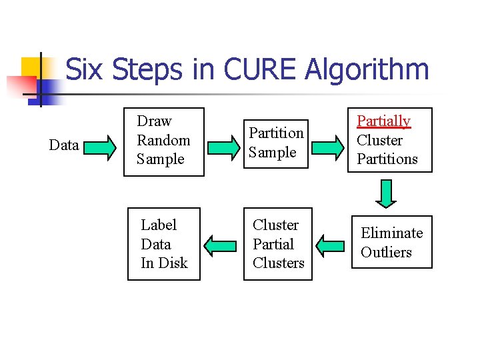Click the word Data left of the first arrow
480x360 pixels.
point(64,145)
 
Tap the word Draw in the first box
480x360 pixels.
point(154,121)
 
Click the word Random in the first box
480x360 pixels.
point(163,140)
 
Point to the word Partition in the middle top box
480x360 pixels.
point(276,133)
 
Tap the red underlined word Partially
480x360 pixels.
point(383,121)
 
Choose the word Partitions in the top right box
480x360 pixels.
point(387,159)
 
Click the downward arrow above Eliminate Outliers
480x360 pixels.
point(386,193)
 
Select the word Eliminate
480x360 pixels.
point(392,233)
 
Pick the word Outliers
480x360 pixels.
point(387,253)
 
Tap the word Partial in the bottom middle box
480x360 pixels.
point(273,244)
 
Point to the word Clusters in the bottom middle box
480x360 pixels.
point(278,263)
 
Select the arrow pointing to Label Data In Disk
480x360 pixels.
point(219,245)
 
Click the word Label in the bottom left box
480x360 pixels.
point(159,225)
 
